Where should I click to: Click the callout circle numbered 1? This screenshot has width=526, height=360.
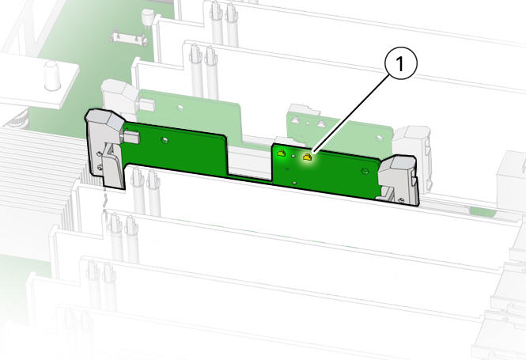[x=400, y=63]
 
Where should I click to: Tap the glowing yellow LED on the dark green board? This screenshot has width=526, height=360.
[x=307, y=157]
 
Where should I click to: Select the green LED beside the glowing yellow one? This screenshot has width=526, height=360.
[x=281, y=153]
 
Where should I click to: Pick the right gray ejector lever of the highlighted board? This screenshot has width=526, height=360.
[x=399, y=180]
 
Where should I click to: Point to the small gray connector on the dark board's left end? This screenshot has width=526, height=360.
[x=131, y=136]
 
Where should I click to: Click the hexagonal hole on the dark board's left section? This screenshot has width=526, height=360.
[x=165, y=139]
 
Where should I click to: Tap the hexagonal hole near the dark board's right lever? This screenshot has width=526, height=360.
[x=364, y=172]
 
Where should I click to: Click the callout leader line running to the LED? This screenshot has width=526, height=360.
[x=351, y=114]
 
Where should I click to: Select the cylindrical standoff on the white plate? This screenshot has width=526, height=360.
[x=52, y=75]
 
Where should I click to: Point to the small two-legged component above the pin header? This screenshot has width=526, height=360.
[x=146, y=17]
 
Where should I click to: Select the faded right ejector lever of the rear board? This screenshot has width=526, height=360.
[x=412, y=157]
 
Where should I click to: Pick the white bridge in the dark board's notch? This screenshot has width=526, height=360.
[x=250, y=161]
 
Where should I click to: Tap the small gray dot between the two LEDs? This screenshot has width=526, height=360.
[x=293, y=156]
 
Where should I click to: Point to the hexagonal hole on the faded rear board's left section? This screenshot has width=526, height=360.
[x=180, y=108]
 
